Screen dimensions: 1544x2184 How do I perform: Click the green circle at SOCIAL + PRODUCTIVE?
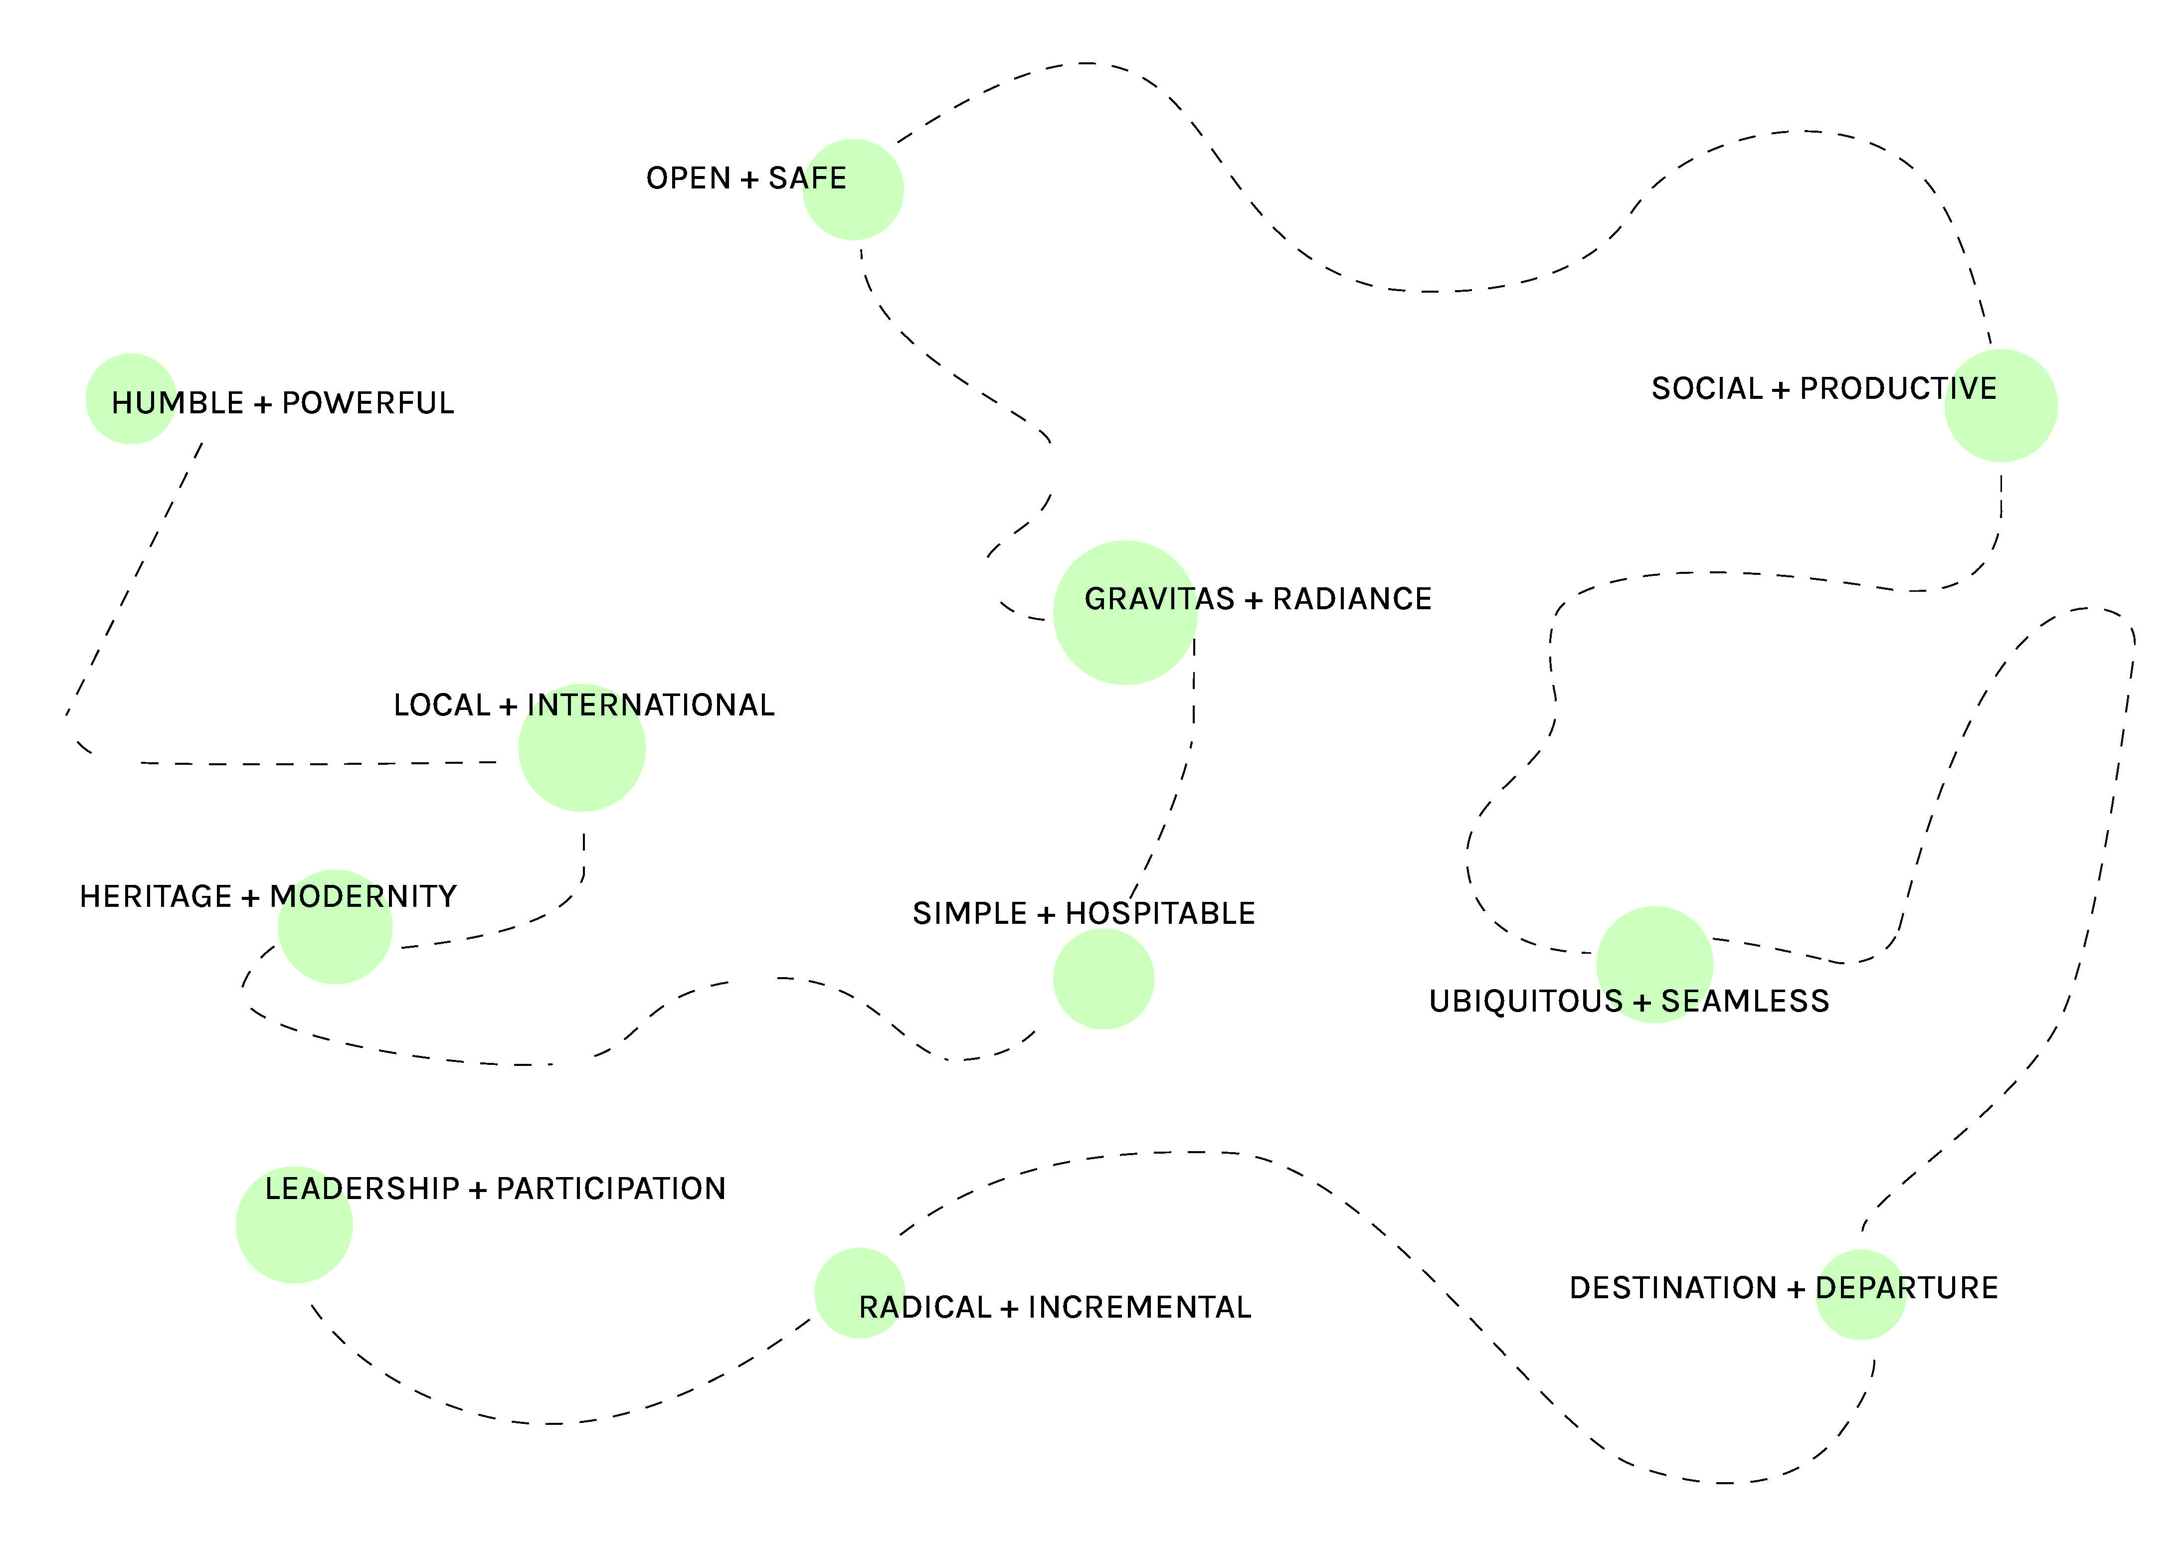click(x=2001, y=406)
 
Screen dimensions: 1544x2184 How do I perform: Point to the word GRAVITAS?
click(x=1159, y=599)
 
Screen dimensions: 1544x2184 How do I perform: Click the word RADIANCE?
click(x=1352, y=599)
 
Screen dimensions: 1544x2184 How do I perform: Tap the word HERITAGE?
click(x=155, y=897)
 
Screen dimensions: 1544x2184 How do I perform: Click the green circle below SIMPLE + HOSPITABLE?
click(x=1103, y=979)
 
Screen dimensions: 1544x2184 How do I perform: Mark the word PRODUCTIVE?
click(x=1898, y=389)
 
